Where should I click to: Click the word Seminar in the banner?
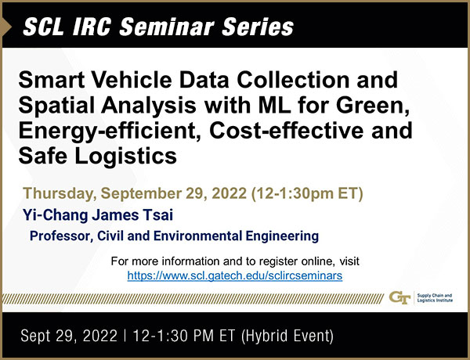tap(167, 27)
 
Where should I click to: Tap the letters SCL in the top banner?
tap(44, 27)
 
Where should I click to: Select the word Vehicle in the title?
tap(132, 80)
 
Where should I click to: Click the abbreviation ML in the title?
tap(275, 106)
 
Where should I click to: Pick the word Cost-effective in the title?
tap(286, 131)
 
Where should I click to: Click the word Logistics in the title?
tap(125, 157)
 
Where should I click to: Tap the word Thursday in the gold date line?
tap(60, 194)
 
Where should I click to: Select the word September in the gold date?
tap(141, 194)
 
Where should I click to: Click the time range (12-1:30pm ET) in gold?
tap(307, 193)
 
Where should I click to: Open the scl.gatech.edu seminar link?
tap(235, 275)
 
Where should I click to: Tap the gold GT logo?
tap(399, 297)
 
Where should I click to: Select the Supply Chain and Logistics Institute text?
tap(435, 297)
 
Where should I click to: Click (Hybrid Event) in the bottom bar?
tap(287, 336)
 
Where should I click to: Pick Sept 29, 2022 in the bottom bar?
tap(69, 336)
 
